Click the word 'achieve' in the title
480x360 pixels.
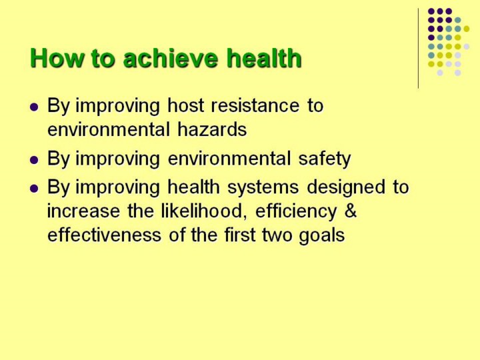coord(171,58)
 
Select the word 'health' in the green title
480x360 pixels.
coord(264,58)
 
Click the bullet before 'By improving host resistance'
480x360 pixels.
coord(34,107)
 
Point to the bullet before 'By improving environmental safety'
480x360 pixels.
coord(34,160)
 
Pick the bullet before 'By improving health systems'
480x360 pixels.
coord(34,188)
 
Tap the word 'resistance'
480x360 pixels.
coord(255,105)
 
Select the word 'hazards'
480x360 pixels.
coord(212,129)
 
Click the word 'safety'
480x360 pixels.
coord(325,159)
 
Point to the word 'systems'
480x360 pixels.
coord(263,187)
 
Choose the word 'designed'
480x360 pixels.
coord(346,187)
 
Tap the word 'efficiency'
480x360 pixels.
coord(296,211)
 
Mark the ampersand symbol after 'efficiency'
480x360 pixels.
coord(351,211)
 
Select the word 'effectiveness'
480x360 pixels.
coord(105,235)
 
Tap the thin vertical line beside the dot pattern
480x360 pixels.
coord(418,49)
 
